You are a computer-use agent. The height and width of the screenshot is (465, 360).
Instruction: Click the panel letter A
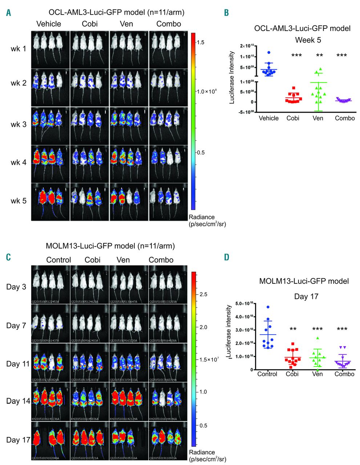pos(8,13)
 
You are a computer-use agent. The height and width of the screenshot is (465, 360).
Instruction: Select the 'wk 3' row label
pos(19,125)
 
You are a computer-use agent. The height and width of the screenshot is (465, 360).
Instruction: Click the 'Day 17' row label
pos(18,440)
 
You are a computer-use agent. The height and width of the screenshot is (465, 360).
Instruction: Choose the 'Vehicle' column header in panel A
pos(49,24)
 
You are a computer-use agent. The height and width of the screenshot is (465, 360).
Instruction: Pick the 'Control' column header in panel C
pos(58,260)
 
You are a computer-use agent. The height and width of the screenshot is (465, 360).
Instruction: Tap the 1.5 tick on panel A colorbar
pos(201,43)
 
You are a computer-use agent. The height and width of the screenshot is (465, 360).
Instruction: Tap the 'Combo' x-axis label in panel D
pos(344,374)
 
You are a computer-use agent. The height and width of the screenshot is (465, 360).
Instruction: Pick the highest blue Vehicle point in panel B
pos(269,53)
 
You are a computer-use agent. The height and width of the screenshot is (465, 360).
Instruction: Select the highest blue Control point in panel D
pos(268,307)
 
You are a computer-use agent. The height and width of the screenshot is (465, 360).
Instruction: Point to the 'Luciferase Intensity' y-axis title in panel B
pos(232,77)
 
